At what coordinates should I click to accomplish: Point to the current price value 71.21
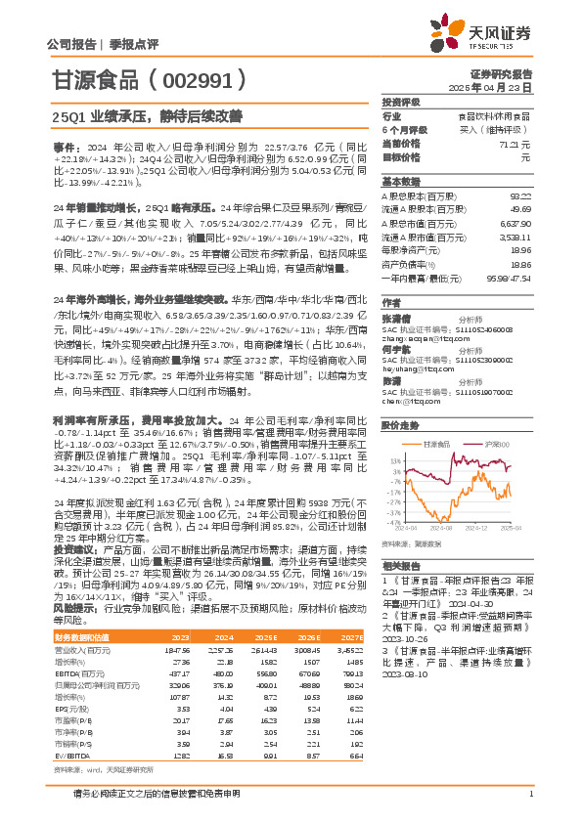click(x=518, y=143)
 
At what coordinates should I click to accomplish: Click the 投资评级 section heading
click(x=400, y=103)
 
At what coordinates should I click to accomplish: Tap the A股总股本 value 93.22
click(x=520, y=195)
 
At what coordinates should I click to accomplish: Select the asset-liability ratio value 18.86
click(x=520, y=264)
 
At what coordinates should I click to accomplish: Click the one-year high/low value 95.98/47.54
click(x=510, y=278)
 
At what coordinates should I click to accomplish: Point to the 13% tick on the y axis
click(x=394, y=431)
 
